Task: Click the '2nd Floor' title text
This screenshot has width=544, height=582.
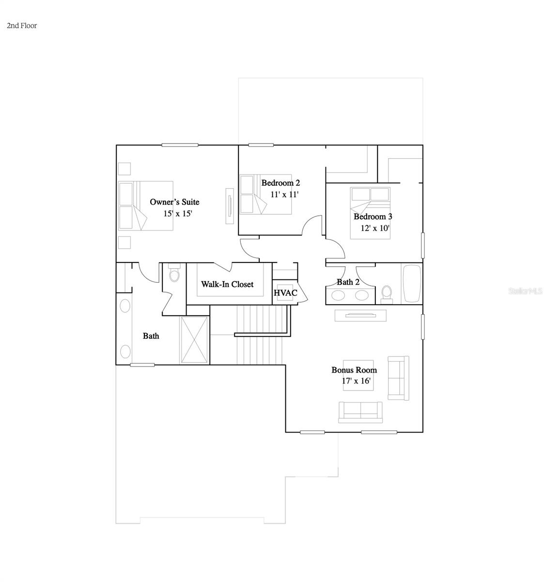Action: [x=22, y=26]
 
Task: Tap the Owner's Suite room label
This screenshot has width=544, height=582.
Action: [x=174, y=202]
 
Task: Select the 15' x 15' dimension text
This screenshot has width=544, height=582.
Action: [x=178, y=213]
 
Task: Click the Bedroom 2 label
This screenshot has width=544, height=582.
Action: [x=280, y=183]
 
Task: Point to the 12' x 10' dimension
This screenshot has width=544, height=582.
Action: [x=375, y=228]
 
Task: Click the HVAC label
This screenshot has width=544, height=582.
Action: [x=285, y=293]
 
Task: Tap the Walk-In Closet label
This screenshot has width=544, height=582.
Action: [x=227, y=284]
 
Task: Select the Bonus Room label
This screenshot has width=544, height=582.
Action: [x=354, y=370]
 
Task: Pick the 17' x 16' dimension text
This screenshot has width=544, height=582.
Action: [x=357, y=381]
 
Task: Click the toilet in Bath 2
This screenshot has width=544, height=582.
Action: [x=387, y=293]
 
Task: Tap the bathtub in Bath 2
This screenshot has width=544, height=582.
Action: [x=411, y=284]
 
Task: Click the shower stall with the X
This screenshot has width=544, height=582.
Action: [x=195, y=339]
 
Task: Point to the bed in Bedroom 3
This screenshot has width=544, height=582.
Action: [x=370, y=213]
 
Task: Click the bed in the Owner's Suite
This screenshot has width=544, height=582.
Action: [x=146, y=205]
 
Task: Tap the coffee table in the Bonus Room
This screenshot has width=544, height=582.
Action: [x=359, y=375]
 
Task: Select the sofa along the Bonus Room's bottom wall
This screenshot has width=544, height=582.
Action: [x=360, y=411]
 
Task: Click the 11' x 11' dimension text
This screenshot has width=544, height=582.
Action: [x=284, y=194]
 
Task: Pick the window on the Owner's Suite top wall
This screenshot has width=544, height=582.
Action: [x=180, y=145]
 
